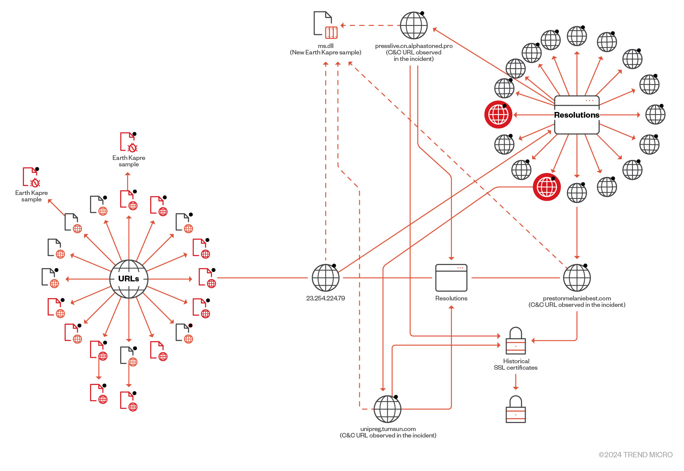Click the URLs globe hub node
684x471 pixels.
click(x=128, y=279)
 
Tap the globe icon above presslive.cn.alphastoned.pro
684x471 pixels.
click(x=414, y=26)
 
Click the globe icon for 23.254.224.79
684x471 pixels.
click(x=326, y=278)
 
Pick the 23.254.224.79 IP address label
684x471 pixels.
click(x=325, y=298)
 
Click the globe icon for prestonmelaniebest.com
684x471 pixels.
click(x=577, y=278)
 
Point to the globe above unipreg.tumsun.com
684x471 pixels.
click(x=387, y=409)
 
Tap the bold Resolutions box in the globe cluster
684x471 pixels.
click(x=576, y=115)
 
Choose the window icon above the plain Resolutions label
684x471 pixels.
click(x=451, y=278)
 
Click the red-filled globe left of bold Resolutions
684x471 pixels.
click(x=498, y=115)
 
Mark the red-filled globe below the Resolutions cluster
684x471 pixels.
click(x=547, y=187)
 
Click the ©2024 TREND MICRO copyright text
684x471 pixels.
click(x=635, y=455)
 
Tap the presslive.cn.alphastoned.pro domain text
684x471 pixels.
click(x=414, y=46)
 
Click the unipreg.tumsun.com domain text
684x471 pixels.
click(x=388, y=429)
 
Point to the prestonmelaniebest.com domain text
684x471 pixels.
click(x=576, y=299)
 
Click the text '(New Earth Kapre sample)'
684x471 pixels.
click(x=325, y=53)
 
